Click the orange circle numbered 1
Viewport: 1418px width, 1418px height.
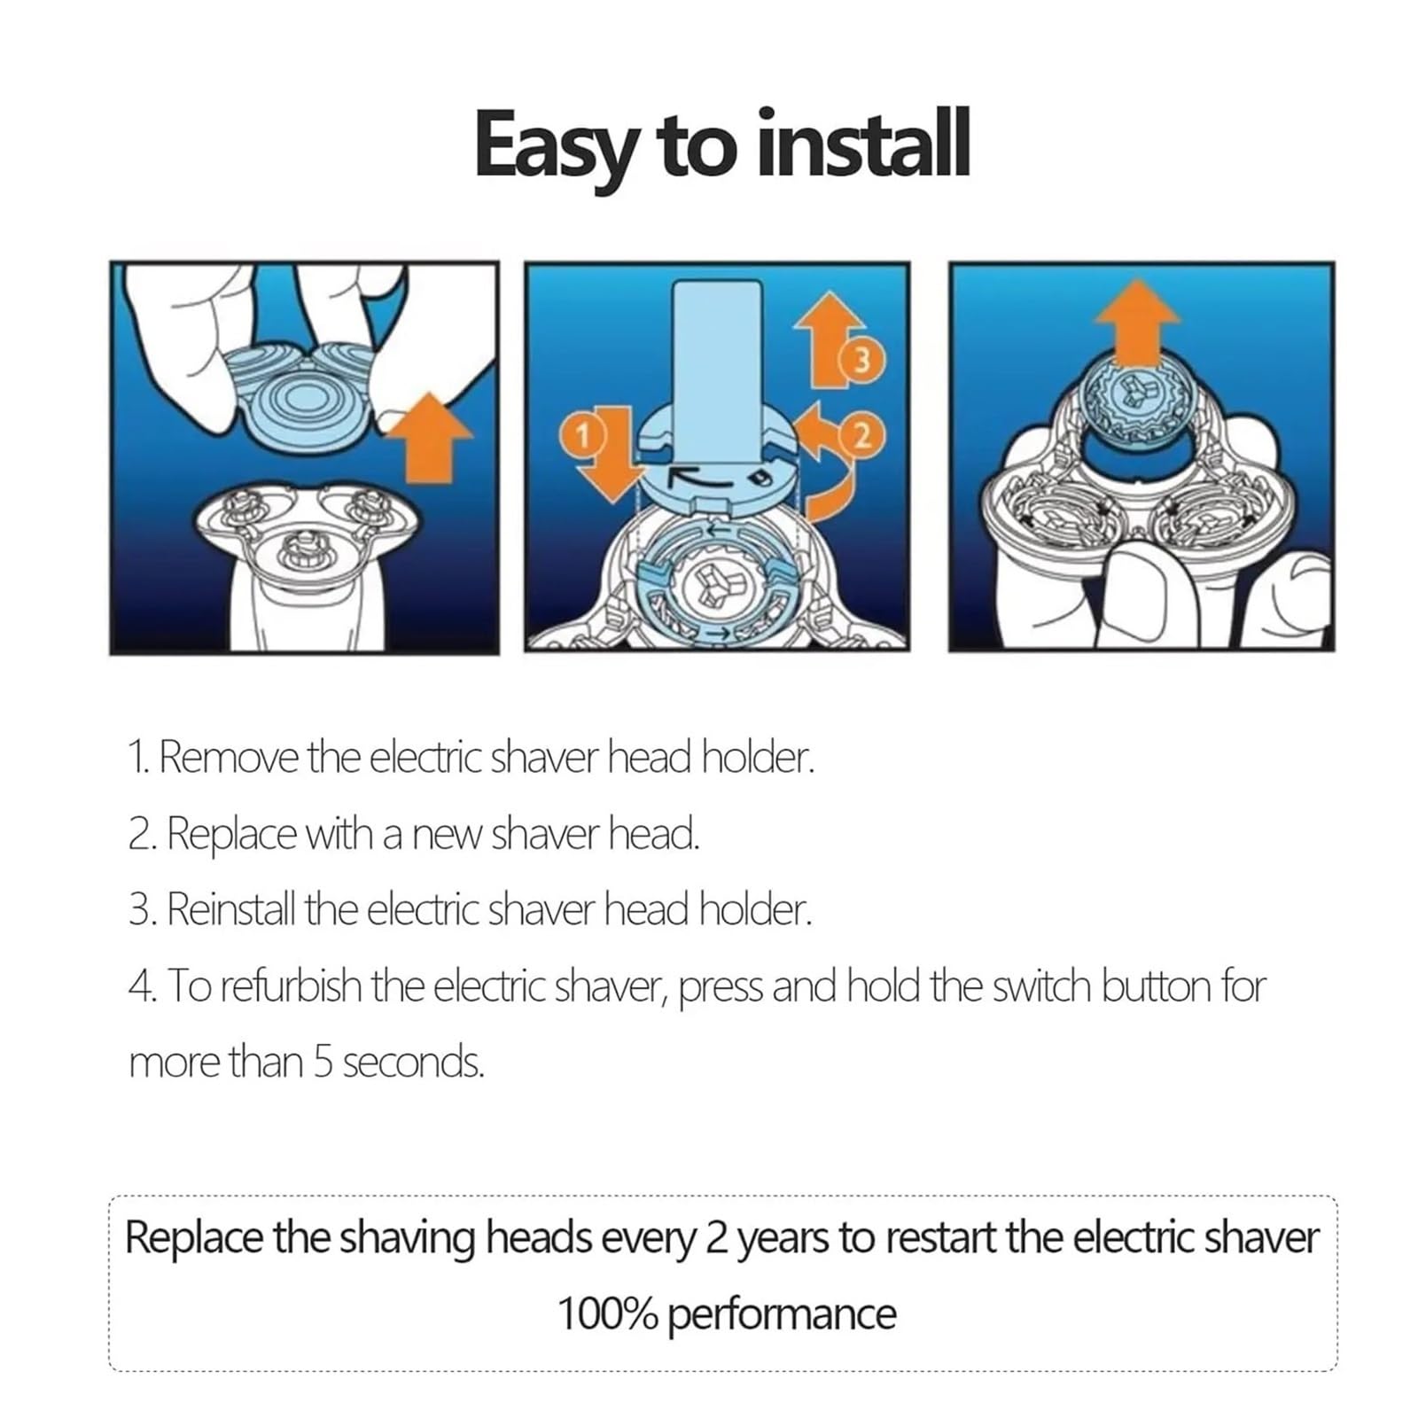click(582, 435)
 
